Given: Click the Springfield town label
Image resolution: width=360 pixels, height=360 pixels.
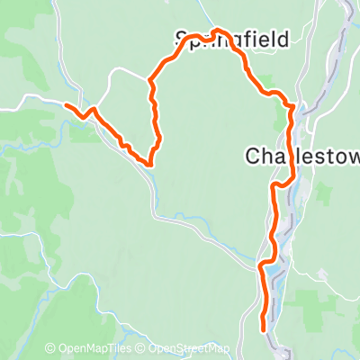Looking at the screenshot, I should coord(231,40).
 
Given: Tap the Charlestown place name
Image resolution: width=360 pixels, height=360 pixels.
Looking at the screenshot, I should coord(301,156).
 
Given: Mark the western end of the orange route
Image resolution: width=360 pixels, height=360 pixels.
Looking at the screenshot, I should coord(66,105).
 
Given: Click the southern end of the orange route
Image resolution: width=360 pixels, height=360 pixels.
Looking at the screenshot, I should coord(263,328).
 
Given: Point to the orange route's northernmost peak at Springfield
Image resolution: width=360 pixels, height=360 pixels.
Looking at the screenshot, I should coord(218,30).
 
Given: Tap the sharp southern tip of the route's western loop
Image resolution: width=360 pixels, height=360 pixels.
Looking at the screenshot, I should coord(149,165).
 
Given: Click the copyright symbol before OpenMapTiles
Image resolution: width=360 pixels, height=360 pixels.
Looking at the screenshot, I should coord(50,349).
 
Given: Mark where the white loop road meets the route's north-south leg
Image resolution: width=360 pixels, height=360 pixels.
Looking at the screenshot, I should coord(149,81).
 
